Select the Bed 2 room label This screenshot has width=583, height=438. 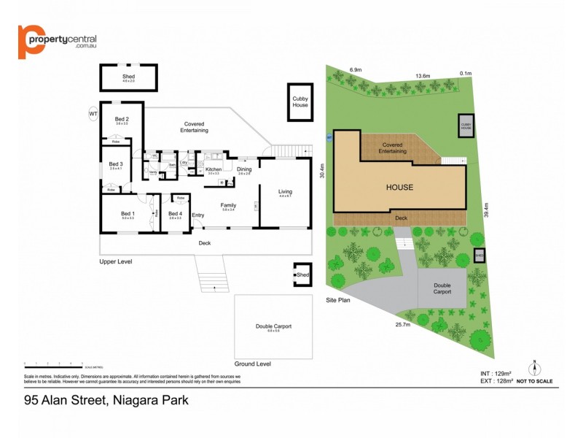122,120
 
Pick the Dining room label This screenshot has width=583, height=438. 244,169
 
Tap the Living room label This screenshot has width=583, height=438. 285,192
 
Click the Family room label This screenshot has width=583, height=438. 228,205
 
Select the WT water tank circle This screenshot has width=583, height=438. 93,114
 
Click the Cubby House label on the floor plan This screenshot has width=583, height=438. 300,101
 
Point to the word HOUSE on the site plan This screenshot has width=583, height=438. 400,188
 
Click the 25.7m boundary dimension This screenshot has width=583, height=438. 402,325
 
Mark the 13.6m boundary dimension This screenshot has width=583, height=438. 423,75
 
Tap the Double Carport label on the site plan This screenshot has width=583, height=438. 442,288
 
